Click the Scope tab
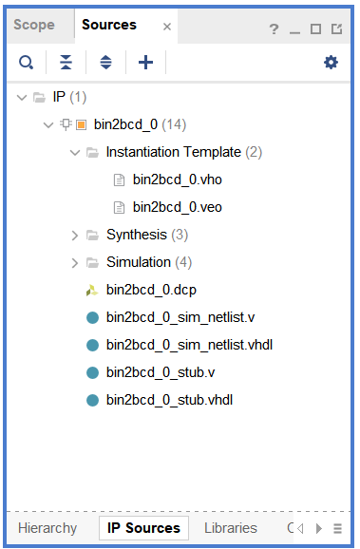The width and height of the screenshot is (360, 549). coord(34,26)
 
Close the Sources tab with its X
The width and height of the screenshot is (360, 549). coord(167,28)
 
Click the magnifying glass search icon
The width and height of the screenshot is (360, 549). coord(27,63)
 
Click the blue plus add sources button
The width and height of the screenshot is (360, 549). coord(145,63)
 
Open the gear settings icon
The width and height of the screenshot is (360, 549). coord(331,63)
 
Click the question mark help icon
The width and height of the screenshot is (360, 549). coord(274,29)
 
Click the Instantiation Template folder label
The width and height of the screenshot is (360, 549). coord(173,152)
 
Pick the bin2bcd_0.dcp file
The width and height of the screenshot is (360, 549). coord(150,290)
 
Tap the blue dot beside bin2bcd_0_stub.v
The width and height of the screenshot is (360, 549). coord(92,372)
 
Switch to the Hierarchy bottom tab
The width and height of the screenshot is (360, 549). coord(47,528)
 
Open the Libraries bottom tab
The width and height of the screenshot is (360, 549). coord(230,528)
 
